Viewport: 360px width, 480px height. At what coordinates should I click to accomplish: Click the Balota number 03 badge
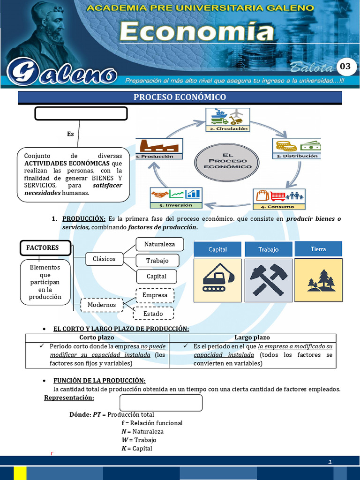345,67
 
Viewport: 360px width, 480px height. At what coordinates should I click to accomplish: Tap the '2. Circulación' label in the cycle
228,128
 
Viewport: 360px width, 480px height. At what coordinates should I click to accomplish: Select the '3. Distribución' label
297,156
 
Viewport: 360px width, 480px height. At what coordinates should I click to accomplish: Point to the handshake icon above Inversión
159,194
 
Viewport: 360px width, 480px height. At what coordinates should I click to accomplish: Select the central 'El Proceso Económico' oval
227,162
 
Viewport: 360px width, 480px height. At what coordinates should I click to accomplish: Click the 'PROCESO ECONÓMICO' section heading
180,97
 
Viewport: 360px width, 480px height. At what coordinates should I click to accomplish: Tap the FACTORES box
45,247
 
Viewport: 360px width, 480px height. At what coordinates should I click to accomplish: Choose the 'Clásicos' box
104,259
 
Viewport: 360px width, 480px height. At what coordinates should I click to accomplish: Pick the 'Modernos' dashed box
102,305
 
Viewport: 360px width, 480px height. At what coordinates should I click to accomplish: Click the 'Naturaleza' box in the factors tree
159,244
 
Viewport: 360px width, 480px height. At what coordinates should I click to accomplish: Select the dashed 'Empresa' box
155,295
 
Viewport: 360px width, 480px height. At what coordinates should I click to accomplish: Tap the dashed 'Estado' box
153,314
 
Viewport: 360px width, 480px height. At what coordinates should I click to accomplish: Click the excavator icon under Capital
217,280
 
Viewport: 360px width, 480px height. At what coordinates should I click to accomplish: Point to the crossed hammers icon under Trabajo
268,280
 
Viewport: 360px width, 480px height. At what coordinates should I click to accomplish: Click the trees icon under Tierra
321,280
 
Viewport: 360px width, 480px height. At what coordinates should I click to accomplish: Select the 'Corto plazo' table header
97,337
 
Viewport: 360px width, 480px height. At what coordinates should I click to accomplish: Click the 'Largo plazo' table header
252,337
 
